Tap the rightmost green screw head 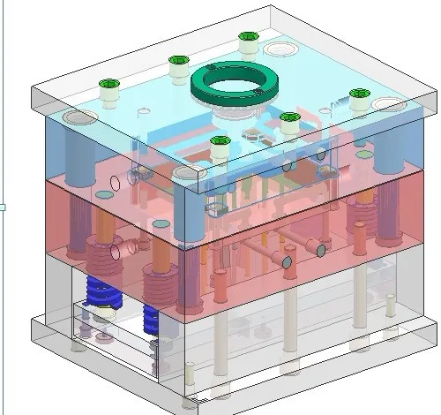point(358,94)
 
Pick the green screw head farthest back point(248,38)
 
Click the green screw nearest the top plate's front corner point(220,141)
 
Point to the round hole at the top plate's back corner point(285,49)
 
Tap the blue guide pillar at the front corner point(186,212)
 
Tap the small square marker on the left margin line point(3,207)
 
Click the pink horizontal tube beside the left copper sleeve point(131,244)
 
